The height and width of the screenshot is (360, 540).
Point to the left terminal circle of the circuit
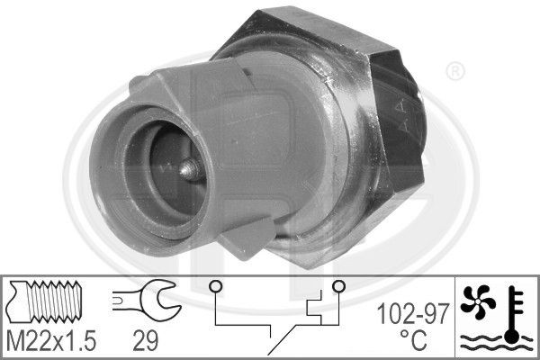[x=215, y=288]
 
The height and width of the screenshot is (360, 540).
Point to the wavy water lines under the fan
[x=492, y=343]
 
